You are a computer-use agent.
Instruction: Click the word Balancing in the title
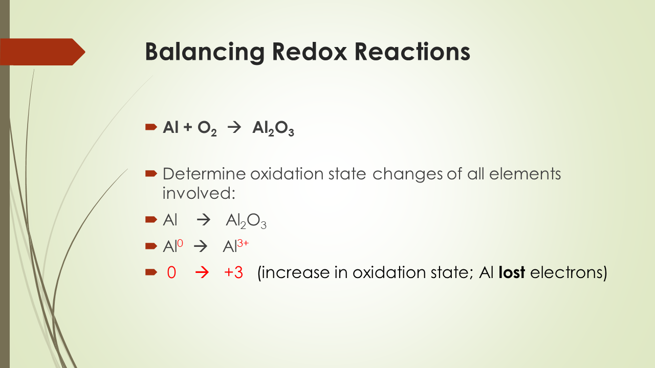coord(205,52)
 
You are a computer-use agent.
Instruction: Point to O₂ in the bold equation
coord(208,128)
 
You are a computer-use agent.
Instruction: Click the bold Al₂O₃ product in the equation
coord(273,128)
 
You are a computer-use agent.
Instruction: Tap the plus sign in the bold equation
coord(187,128)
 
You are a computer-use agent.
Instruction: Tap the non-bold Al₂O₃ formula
coord(246,221)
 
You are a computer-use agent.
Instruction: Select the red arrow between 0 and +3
coord(202,272)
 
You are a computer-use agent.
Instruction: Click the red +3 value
coord(233,272)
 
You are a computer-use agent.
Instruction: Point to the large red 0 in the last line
coord(171,272)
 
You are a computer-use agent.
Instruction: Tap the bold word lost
coord(512,272)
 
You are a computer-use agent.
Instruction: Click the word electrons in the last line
coord(568,272)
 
